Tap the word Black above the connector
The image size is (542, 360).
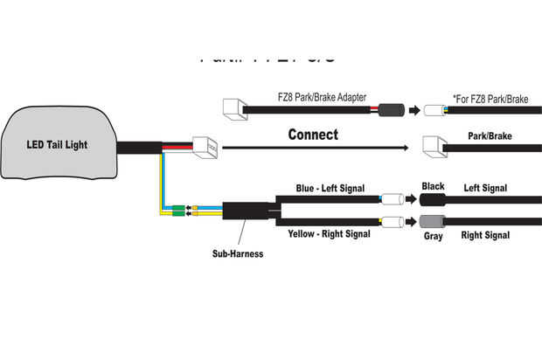433,186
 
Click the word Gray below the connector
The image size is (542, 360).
433,236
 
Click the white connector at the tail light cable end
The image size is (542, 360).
206,148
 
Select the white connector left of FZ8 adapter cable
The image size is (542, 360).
235,108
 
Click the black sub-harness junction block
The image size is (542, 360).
247,212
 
